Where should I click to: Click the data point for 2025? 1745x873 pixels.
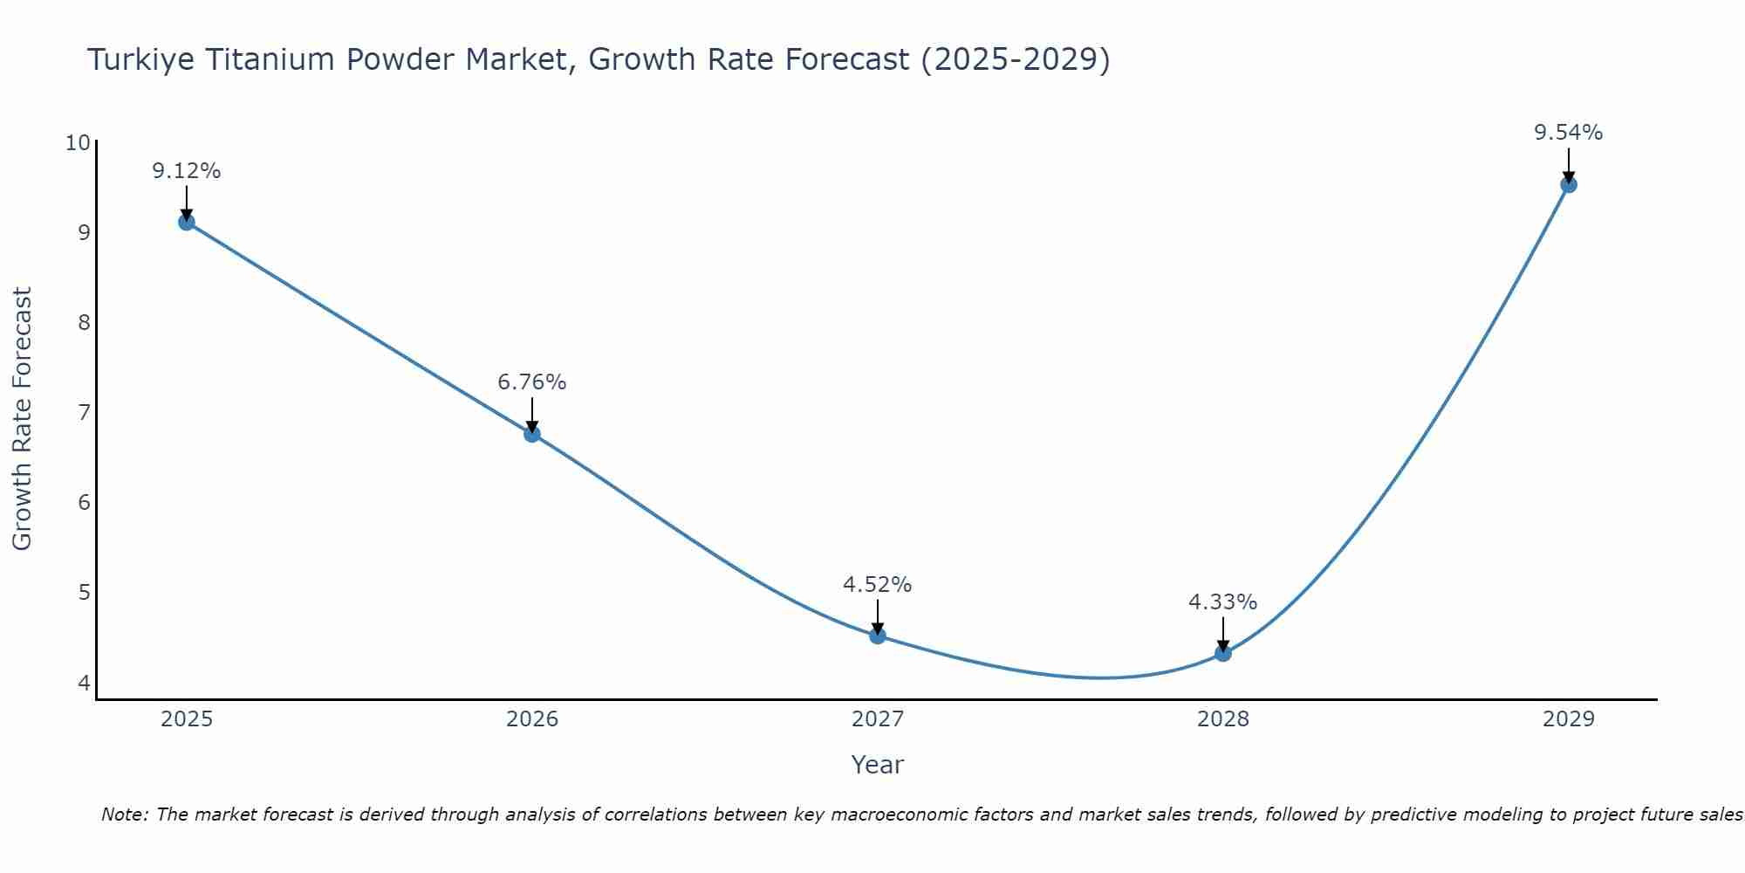click(187, 222)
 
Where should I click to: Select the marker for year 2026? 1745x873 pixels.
click(532, 434)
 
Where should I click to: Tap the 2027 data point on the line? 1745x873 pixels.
click(878, 636)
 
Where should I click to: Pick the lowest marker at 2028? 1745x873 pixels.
click(1223, 653)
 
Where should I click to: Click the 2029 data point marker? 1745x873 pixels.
click(1568, 184)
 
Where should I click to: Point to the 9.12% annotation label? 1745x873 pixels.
click(187, 171)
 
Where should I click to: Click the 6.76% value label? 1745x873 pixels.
click(532, 382)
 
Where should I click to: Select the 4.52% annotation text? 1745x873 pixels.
click(878, 585)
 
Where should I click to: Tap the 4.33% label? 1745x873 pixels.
click(1223, 602)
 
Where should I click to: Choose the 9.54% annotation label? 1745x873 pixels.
click(1568, 133)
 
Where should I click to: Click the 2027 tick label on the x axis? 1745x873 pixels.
click(878, 719)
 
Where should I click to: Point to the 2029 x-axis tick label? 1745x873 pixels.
click(1568, 719)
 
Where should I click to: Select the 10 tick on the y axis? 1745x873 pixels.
click(79, 142)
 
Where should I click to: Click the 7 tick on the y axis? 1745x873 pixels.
click(85, 412)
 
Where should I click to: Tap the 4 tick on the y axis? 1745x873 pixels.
click(85, 682)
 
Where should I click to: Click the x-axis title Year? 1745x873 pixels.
click(878, 765)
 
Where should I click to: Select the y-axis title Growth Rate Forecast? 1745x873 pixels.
click(23, 419)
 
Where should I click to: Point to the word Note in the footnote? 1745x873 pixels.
click(122, 815)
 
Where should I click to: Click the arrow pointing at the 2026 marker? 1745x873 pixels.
click(532, 414)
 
